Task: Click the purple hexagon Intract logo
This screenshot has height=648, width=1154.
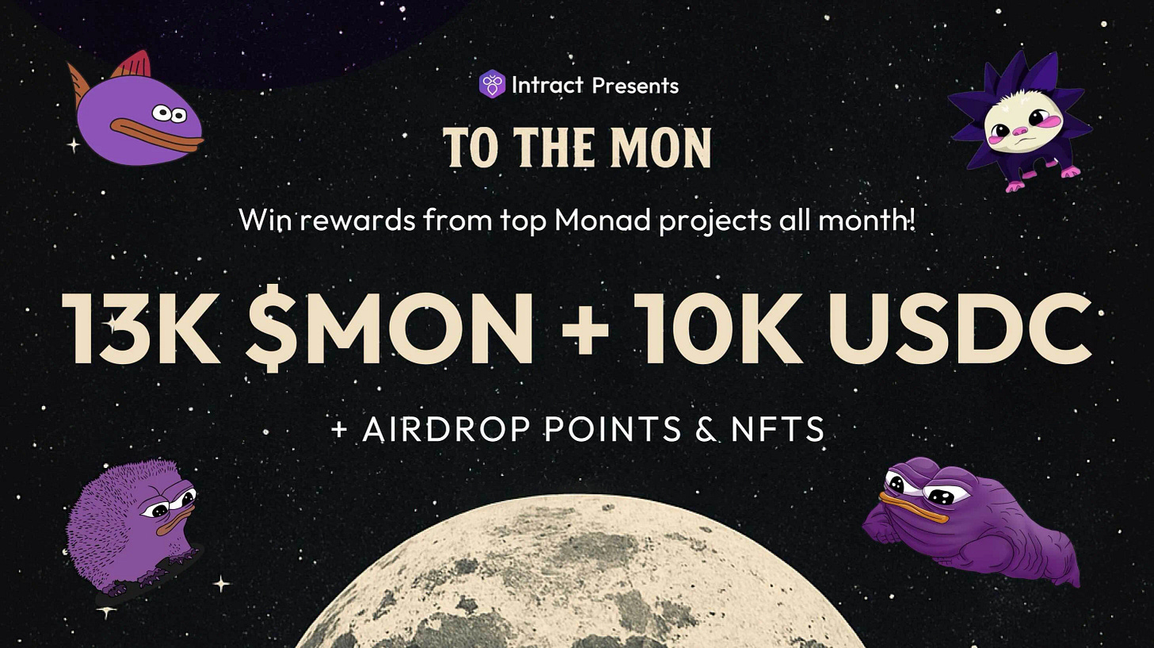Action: pyautogui.click(x=491, y=84)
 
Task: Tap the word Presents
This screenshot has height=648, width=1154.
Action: pyautogui.click(x=635, y=85)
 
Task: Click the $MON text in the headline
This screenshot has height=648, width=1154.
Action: pyautogui.click(x=389, y=329)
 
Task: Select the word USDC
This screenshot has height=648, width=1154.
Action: pyautogui.click(x=960, y=329)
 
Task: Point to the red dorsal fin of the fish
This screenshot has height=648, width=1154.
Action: pyautogui.click(x=135, y=65)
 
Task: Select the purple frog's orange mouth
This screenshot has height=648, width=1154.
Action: pyautogui.click(x=911, y=508)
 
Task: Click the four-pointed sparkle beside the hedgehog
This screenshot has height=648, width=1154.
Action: pyautogui.click(x=222, y=585)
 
